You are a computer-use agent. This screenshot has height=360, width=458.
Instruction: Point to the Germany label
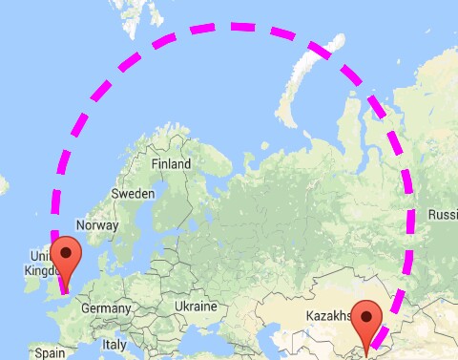(105, 308)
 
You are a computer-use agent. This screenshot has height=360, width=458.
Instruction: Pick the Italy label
(114, 344)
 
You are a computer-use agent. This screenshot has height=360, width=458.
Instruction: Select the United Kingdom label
(43, 264)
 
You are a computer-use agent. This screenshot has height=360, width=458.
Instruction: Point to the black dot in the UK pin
(67, 254)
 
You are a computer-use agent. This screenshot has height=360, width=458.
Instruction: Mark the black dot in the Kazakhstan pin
(366, 312)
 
